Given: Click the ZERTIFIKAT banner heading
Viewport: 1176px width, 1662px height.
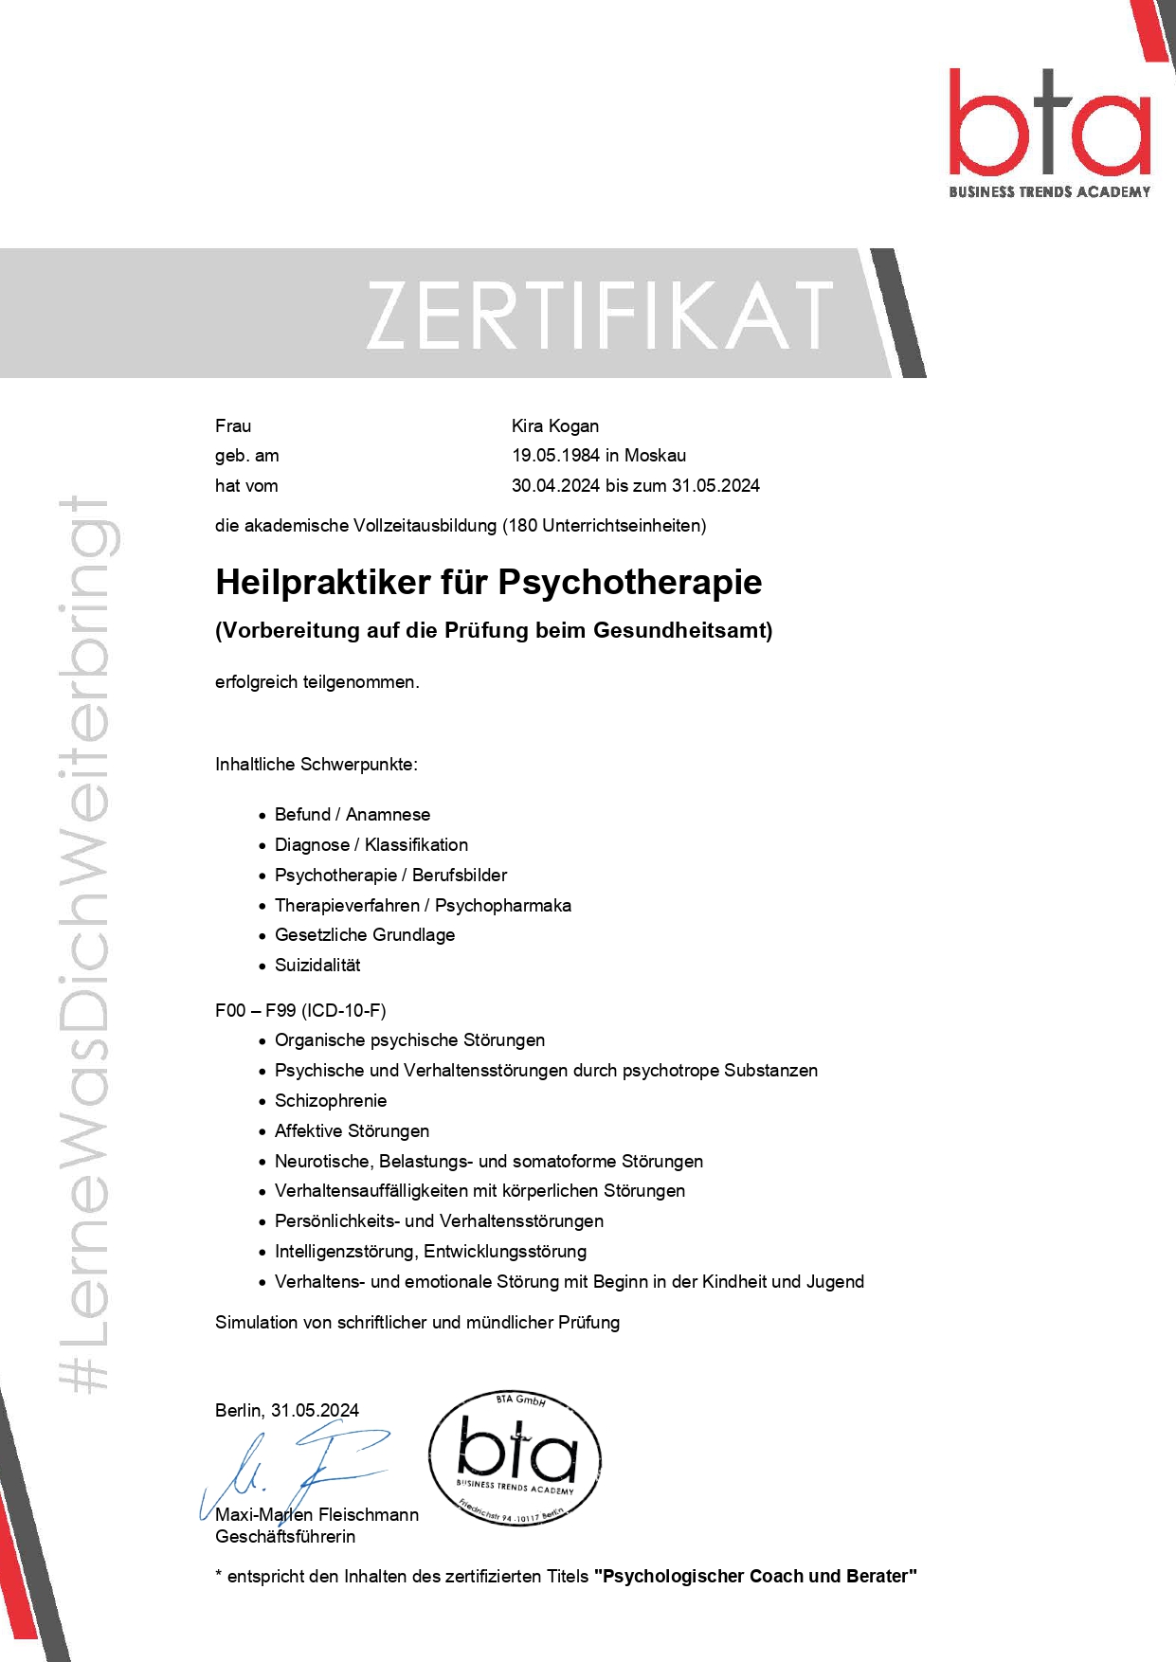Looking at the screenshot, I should (599, 315).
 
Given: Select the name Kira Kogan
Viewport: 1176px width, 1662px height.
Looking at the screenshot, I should (555, 425).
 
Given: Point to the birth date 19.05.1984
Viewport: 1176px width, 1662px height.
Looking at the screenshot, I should (555, 456).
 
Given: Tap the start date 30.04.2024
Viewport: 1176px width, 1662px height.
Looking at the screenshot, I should (555, 486).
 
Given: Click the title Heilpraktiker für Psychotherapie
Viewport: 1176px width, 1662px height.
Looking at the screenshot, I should (488, 582).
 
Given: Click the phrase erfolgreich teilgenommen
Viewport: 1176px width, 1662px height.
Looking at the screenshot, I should (317, 682).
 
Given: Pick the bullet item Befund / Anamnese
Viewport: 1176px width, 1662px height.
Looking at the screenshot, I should (352, 815).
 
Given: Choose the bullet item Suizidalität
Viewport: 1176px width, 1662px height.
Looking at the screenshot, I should (317, 966).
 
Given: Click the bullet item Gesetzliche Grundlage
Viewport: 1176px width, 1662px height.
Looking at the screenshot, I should (364, 935).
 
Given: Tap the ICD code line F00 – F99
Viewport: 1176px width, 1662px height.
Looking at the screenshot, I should (300, 1010).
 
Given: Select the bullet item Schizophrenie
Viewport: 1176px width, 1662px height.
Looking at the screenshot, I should (330, 1101).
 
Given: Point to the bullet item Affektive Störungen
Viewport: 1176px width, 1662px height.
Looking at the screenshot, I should (352, 1131).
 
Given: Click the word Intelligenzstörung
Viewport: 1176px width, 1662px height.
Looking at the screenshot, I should (345, 1252).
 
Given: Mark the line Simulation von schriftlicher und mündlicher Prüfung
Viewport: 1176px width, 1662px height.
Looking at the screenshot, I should (417, 1323).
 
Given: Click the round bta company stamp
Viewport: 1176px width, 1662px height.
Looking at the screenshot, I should (516, 1458).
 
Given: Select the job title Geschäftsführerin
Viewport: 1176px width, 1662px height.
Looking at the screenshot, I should (285, 1537).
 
